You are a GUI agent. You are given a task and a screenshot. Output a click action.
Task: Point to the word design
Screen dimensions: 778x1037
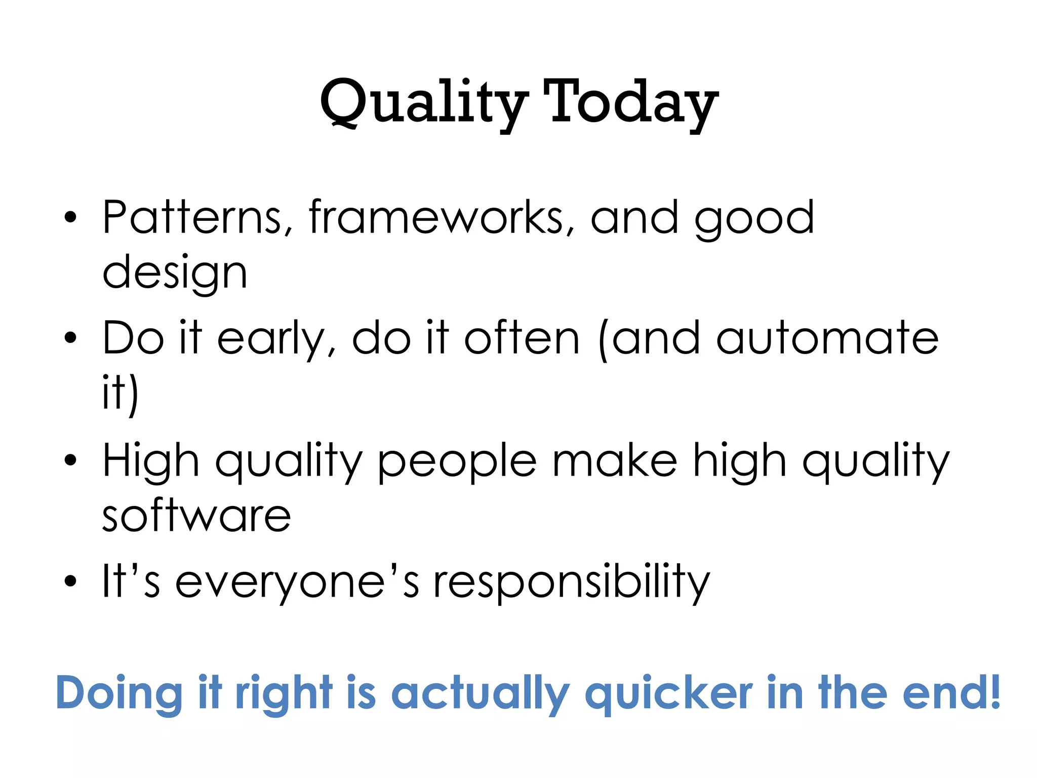click(x=175, y=274)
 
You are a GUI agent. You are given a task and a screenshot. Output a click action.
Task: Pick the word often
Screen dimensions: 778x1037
click(x=522, y=338)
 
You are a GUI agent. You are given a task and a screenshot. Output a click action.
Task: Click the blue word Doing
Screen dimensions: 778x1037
click(x=119, y=694)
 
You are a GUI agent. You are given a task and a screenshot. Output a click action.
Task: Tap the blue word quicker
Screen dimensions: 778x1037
click(x=668, y=694)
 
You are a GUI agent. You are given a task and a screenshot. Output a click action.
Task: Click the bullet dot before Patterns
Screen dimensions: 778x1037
click(x=70, y=218)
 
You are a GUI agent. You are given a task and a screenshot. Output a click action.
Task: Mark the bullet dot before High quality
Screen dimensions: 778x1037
click(x=70, y=460)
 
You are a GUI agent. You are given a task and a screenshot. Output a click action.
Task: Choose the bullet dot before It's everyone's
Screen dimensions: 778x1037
click(x=70, y=581)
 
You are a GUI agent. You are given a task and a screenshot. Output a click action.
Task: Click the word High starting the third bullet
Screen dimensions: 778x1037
click(x=150, y=461)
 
